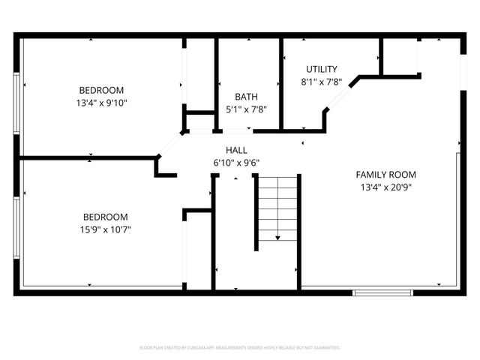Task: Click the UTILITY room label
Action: click(320, 69)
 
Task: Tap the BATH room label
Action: click(247, 97)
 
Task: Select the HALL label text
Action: click(236, 150)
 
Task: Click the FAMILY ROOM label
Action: click(384, 174)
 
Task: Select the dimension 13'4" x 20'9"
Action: click(384, 187)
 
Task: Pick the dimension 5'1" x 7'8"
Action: click(247, 109)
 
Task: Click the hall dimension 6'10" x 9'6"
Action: click(236, 162)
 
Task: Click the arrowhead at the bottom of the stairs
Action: click(277, 238)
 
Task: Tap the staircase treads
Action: click(277, 206)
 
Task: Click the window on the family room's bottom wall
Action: click(382, 291)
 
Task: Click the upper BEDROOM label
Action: click(101, 91)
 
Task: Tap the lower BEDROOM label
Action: click(104, 217)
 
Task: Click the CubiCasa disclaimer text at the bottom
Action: click(240, 348)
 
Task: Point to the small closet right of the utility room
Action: click(398, 56)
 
